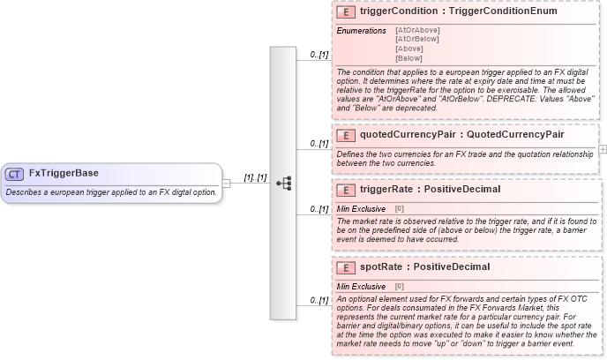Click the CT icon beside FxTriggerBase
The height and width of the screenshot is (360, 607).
point(15,174)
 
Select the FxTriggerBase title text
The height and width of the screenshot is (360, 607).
point(64,174)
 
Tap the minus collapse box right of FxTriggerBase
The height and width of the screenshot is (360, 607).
point(226,184)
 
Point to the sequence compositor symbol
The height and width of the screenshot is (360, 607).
point(284,184)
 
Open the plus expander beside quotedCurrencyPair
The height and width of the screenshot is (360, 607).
point(602,150)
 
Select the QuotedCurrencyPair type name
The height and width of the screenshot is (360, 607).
point(515,135)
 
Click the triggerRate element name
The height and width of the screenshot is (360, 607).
point(388,190)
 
